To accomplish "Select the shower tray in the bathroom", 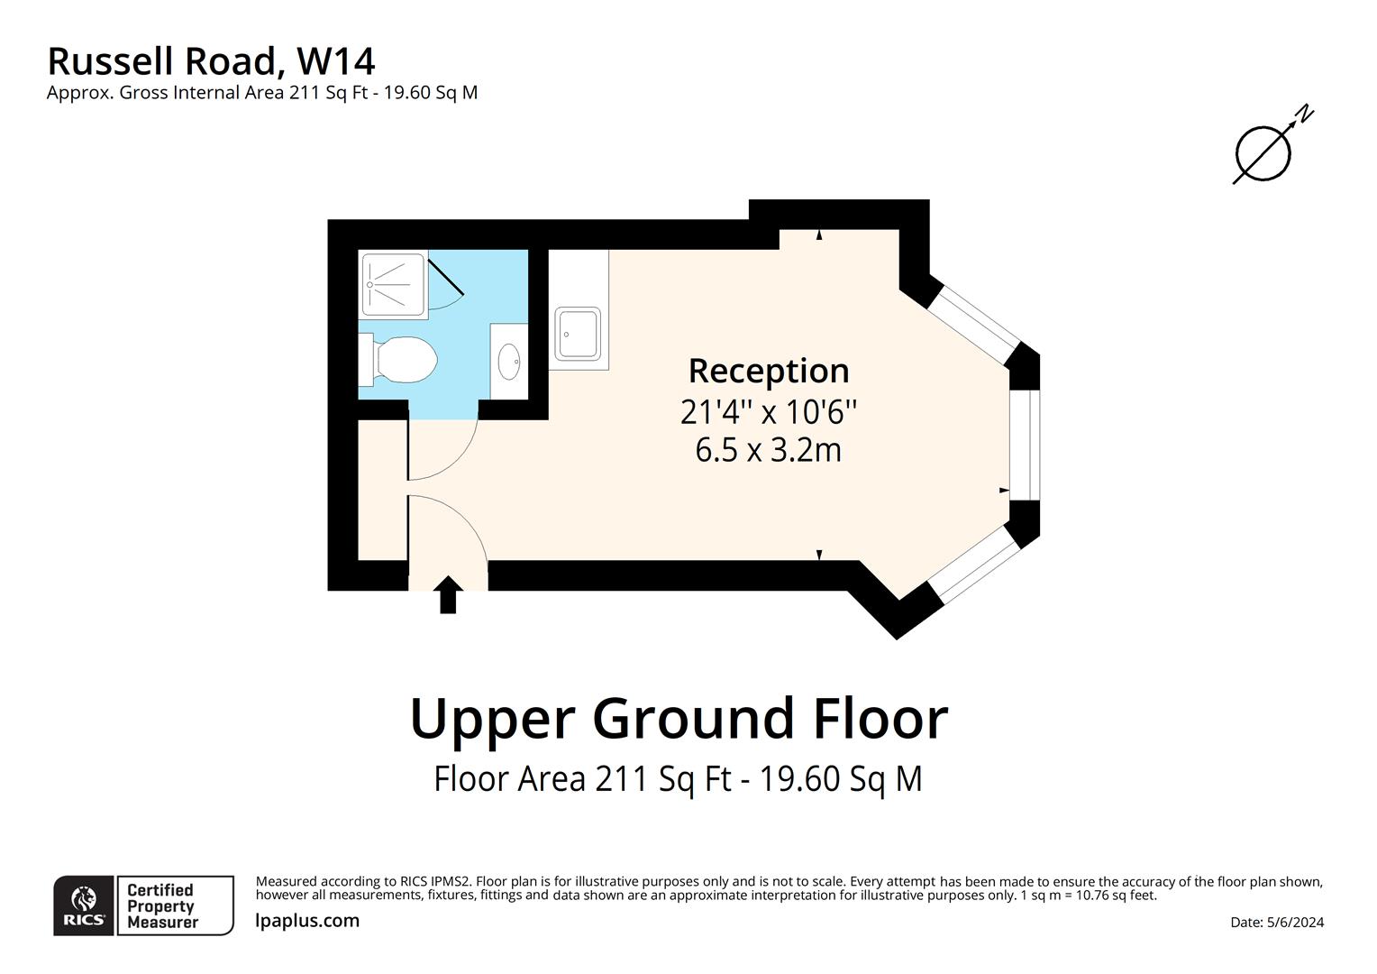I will point(393,285).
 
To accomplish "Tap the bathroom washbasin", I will point(509,362).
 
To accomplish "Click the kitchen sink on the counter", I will point(578,334).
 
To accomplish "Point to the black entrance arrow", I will point(448,595).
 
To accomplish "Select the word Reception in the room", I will point(768,371).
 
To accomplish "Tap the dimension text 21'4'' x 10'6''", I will point(768,412).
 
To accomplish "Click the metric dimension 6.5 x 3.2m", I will point(768,449).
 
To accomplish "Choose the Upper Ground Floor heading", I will point(679,719).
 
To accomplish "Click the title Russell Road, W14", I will point(211,61).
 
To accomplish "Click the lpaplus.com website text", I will point(307,921).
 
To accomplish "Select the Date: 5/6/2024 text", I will point(1276,922).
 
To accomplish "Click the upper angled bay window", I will point(976,322).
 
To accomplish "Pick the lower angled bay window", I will point(974,565).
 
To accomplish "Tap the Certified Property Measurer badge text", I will point(162,905).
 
